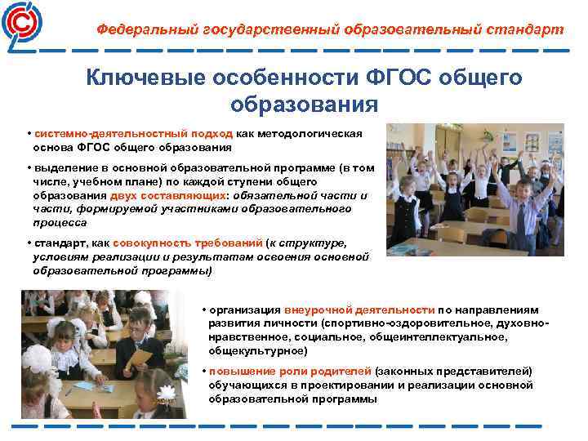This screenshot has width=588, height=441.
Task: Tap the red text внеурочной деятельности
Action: point(359,310)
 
